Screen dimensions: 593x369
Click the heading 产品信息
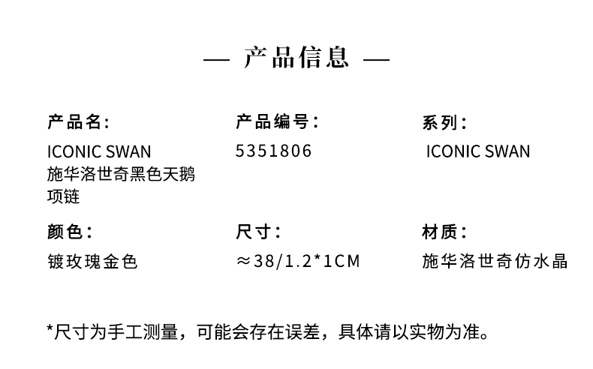(296, 58)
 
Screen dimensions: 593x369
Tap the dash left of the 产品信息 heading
(216, 60)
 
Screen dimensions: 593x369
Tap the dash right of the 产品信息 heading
(376, 60)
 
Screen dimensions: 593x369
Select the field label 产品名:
(78, 121)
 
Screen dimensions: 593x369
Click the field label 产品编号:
(277, 121)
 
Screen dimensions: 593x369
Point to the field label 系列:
(444, 122)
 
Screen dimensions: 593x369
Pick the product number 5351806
(273, 151)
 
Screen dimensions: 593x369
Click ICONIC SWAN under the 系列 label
(478, 151)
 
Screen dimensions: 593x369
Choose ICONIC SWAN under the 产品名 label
(99, 151)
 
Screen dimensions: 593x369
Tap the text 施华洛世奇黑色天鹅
(121, 175)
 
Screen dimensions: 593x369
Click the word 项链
(64, 196)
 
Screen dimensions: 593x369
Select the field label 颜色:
(70, 232)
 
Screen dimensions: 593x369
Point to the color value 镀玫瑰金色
(92, 261)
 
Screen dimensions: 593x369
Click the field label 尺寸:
(258, 232)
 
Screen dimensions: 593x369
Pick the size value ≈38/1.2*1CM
(298, 261)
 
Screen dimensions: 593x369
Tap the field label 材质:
(444, 232)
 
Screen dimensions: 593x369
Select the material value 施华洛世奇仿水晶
(495, 261)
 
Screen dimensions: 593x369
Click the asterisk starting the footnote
(50, 328)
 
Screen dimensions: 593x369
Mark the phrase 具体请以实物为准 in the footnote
(409, 331)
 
